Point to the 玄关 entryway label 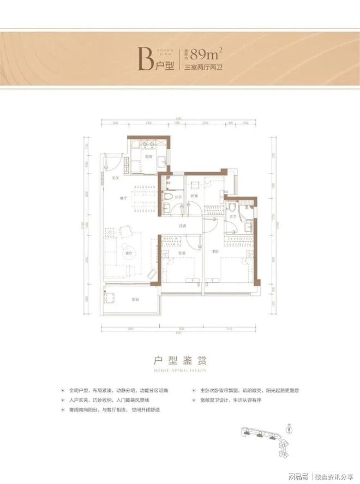point(116,178)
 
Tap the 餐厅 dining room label point(123,198)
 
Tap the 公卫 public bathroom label point(178,196)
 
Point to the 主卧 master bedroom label point(215,251)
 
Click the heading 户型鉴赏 point(179,360)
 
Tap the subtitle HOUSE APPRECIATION point(179,371)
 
